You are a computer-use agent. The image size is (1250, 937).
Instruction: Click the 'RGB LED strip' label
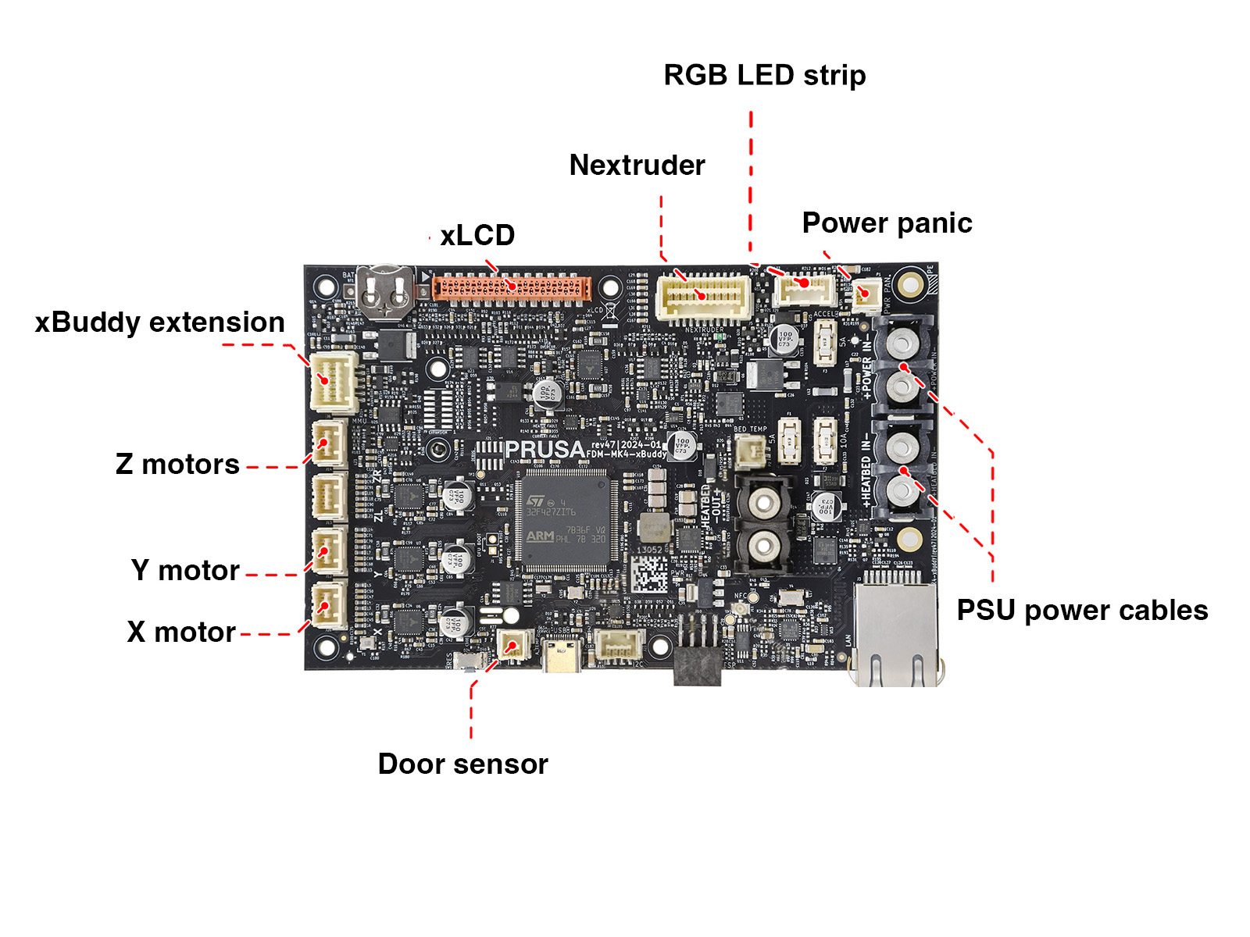click(764, 76)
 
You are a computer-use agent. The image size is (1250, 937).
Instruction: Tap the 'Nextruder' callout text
click(637, 166)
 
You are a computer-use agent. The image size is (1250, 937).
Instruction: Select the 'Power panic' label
click(887, 223)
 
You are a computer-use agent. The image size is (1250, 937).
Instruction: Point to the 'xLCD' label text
click(477, 235)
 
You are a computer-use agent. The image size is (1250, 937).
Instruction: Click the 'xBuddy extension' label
click(159, 322)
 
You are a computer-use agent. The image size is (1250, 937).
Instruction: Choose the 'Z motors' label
click(177, 465)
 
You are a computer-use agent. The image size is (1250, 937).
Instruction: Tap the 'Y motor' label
click(185, 571)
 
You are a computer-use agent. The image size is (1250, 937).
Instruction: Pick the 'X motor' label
click(181, 632)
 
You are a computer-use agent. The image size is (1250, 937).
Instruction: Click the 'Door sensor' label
click(462, 764)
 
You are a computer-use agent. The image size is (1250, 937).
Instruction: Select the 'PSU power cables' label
click(1082, 611)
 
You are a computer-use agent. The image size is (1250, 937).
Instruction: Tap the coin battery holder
click(386, 293)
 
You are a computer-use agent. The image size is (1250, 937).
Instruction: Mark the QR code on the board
click(649, 575)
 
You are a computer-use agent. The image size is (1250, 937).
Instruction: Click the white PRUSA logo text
click(545, 450)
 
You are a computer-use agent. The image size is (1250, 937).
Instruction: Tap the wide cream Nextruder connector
click(704, 296)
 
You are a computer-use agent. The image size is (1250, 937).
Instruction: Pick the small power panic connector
click(866, 294)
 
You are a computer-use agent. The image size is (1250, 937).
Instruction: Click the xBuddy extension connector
click(334, 382)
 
